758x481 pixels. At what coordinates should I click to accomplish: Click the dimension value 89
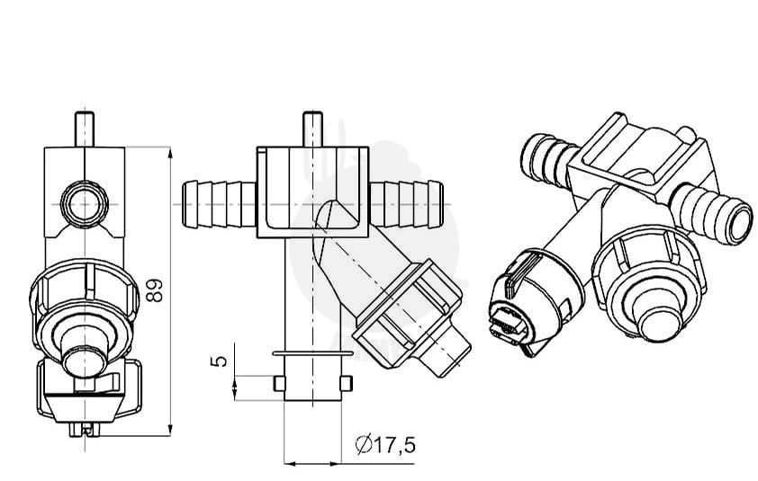pyautogui.click(x=155, y=290)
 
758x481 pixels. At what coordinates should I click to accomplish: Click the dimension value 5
pyautogui.click(x=219, y=361)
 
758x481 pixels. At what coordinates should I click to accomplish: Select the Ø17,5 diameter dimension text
pyautogui.click(x=385, y=444)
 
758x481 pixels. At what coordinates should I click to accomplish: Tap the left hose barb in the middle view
pyautogui.click(x=219, y=204)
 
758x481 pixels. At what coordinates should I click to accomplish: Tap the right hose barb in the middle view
pyautogui.click(x=406, y=204)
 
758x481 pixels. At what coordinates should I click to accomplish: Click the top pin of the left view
pyautogui.click(x=85, y=129)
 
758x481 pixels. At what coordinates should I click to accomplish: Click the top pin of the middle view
pyautogui.click(x=312, y=129)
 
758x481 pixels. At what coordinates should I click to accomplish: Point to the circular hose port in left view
pyautogui.click(x=85, y=204)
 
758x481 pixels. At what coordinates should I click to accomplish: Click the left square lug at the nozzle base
pyautogui.click(x=279, y=383)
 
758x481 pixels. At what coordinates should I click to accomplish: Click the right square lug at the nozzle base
pyautogui.click(x=346, y=383)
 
